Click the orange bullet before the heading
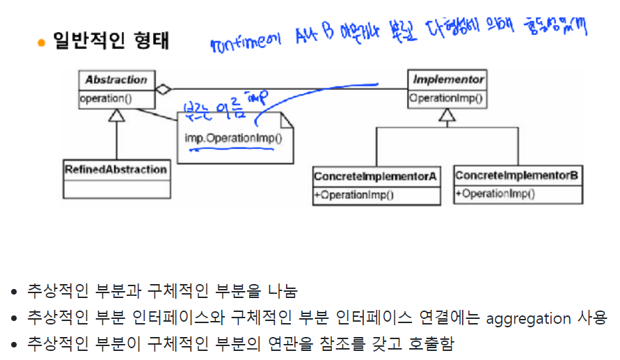pyautogui.click(x=41, y=42)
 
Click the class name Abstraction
pyautogui.click(x=116, y=80)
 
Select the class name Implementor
pyautogui.click(x=448, y=80)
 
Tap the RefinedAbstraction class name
pyautogui.click(x=116, y=169)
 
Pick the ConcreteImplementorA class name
pyautogui.click(x=376, y=177)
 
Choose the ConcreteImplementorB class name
pyautogui.click(x=517, y=175)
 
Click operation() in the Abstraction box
pyautogui.click(x=105, y=98)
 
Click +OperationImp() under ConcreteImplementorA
pyautogui.click(x=354, y=195)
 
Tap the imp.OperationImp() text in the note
pyautogui.click(x=234, y=137)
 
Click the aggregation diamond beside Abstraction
pyautogui.click(x=163, y=89)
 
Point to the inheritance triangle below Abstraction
pyautogui.click(x=116, y=116)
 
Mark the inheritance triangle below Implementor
pyautogui.click(x=447, y=116)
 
